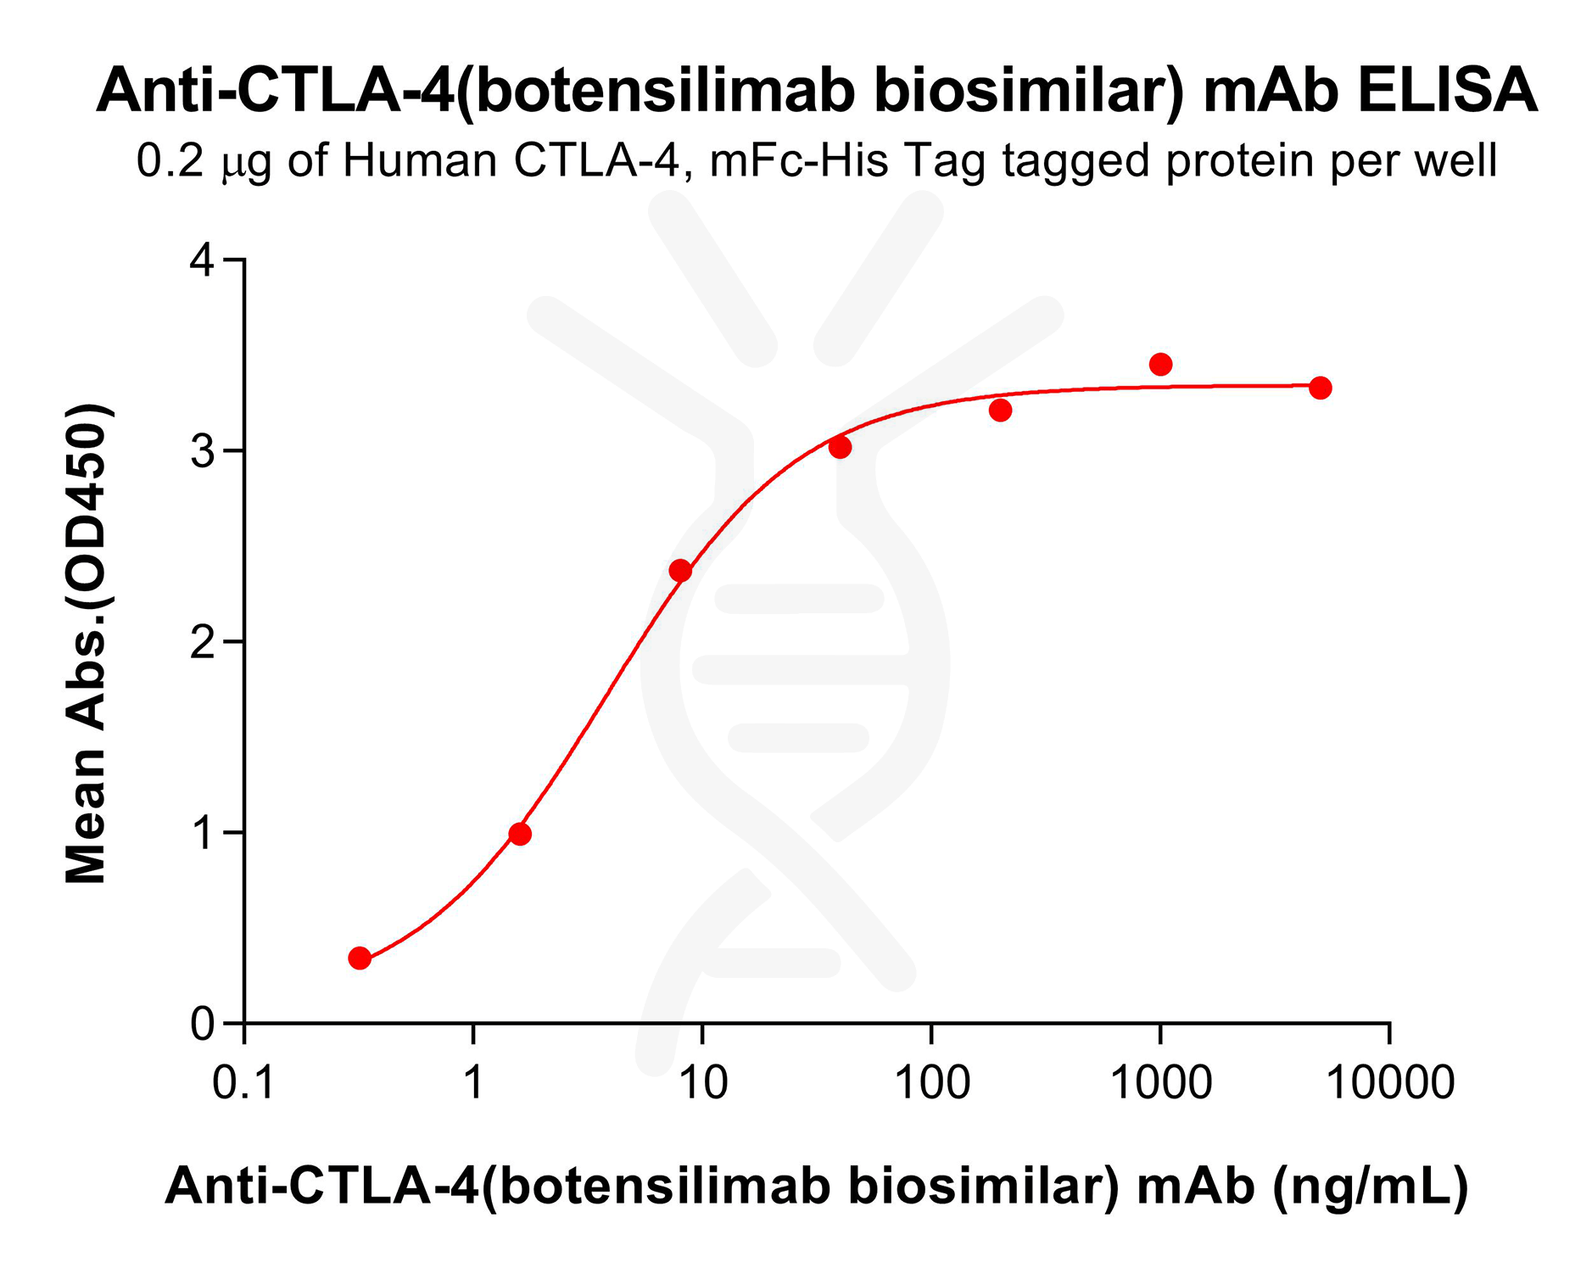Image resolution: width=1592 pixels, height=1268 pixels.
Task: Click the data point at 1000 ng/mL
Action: (x=1160, y=365)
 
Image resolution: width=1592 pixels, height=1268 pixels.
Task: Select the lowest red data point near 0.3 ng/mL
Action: (x=360, y=958)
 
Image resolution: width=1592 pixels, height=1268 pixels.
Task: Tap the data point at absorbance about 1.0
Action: (x=520, y=835)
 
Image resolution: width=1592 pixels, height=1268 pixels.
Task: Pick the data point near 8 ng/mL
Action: (x=680, y=571)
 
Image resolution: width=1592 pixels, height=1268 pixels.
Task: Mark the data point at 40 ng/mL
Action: (x=841, y=447)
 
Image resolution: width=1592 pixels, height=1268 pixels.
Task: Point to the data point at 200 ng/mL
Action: (x=1001, y=411)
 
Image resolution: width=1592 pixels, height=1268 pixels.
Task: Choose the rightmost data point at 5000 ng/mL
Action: (x=1321, y=388)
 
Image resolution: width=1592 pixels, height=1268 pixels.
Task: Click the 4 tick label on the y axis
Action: (x=203, y=260)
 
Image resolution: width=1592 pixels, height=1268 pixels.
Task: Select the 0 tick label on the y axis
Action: (x=203, y=1024)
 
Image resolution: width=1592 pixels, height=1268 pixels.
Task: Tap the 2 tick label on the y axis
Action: (x=203, y=642)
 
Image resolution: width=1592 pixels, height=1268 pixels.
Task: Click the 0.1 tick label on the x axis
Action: (x=243, y=1083)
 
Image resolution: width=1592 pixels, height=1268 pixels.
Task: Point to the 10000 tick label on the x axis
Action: (x=1389, y=1083)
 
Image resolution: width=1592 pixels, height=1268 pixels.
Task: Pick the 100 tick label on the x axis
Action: (x=932, y=1083)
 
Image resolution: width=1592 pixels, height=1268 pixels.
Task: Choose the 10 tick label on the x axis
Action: (x=703, y=1083)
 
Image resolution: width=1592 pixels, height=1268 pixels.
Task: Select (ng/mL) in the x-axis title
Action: (x=1371, y=1186)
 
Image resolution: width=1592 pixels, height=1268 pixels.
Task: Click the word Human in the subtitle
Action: (x=421, y=160)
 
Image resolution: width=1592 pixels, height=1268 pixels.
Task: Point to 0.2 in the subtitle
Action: (x=170, y=160)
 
